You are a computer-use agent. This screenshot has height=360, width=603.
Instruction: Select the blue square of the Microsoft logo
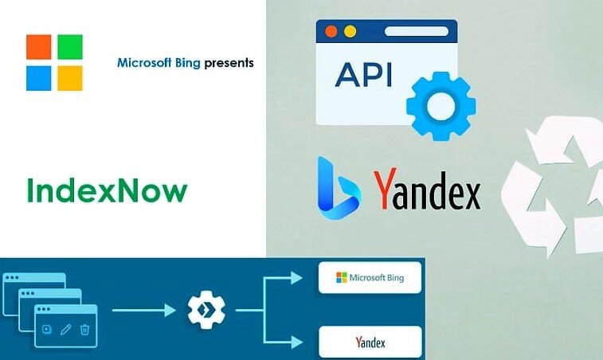point(38,78)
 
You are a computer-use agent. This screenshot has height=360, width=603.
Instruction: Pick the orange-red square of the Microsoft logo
point(38,47)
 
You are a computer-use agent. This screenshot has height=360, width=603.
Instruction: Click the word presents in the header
point(229,61)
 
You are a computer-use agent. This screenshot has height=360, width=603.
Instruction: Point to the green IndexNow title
point(107,191)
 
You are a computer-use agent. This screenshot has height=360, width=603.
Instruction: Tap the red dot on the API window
point(331,32)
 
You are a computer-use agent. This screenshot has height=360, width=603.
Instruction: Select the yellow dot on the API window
point(349,32)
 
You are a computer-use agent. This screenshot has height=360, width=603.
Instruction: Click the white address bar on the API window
point(417,32)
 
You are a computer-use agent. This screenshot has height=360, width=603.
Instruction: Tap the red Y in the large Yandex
point(385,192)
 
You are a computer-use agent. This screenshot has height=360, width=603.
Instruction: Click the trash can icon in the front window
point(84,328)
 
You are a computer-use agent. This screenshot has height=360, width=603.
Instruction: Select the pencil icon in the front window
point(65,328)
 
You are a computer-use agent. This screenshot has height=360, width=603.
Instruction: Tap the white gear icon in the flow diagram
point(206,310)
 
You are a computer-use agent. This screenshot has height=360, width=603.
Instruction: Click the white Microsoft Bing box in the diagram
point(370,278)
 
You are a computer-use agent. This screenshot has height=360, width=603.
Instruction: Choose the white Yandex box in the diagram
point(370,342)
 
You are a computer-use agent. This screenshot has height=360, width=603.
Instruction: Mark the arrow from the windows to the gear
point(143,310)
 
